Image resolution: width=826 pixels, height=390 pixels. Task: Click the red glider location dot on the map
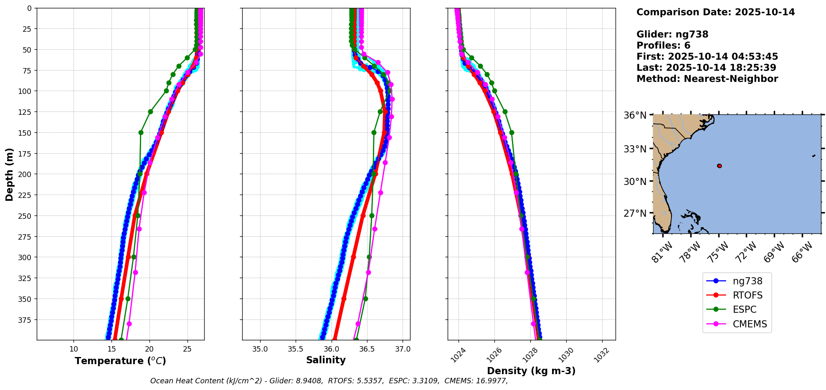719,166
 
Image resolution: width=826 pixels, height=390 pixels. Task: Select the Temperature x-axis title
120,361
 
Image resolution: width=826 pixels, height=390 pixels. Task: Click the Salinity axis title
326,360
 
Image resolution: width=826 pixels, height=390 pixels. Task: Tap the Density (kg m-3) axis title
531,371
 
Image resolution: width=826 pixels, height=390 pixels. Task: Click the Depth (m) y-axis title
9,174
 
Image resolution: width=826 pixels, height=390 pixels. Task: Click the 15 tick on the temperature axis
111,349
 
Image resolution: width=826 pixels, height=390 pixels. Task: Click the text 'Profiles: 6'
663,46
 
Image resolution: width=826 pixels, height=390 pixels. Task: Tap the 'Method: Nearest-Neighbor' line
707,79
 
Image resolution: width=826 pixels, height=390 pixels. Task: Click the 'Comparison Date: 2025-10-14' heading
715,12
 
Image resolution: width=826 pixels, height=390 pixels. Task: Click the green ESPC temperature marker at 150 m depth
141,132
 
